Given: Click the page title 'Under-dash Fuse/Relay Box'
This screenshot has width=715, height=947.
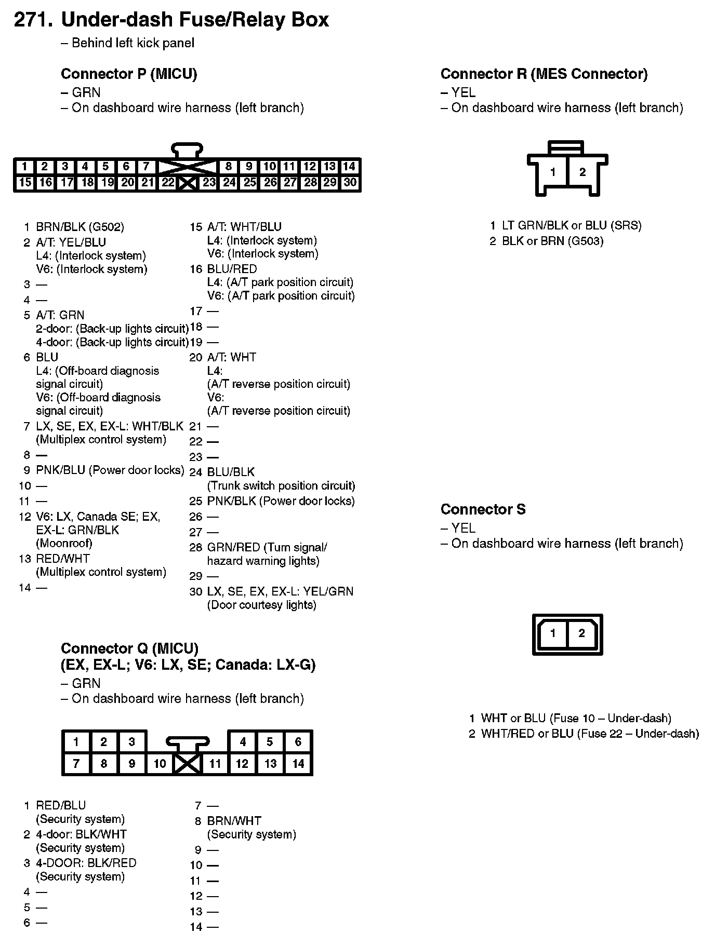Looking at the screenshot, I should click(x=195, y=20).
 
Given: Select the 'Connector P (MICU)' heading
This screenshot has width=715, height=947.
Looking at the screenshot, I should click(x=129, y=74).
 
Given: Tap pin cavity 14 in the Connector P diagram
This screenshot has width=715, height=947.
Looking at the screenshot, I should click(x=349, y=167).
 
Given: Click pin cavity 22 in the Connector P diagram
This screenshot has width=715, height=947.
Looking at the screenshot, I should click(x=167, y=183).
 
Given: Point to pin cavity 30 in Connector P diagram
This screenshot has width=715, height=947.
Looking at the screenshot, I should click(x=350, y=183).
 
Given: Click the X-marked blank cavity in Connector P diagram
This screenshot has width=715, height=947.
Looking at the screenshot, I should click(x=187, y=183).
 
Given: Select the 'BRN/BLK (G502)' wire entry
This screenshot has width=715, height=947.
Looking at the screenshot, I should click(x=80, y=227).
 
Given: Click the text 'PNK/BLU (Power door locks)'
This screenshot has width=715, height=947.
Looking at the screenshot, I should click(x=110, y=470).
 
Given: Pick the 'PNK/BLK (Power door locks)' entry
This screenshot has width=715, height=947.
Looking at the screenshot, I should click(x=281, y=501).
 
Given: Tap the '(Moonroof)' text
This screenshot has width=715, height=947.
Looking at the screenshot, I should click(x=64, y=543).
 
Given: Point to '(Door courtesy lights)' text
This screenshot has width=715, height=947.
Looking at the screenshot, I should click(x=261, y=605).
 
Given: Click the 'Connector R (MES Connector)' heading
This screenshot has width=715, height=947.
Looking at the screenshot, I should click(x=544, y=74).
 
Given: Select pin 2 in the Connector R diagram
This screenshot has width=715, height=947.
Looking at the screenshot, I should click(x=582, y=172).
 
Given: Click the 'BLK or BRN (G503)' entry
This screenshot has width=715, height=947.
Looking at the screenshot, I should click(x=552, y=241).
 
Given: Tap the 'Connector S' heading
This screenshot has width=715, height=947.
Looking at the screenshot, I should click(x=483, y=509).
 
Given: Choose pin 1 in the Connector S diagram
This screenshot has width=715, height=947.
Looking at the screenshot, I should click(x=553, y=633).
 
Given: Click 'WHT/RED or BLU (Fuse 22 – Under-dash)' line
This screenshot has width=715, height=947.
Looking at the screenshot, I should click(x=590, y=734).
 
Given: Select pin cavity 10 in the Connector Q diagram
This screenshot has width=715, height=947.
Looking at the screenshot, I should click(x=160, y=763).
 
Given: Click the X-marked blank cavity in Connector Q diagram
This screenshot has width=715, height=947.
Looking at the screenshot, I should click(x=188, y=763).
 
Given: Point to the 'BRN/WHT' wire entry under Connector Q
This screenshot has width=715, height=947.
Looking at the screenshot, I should click(x=234, y=821).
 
